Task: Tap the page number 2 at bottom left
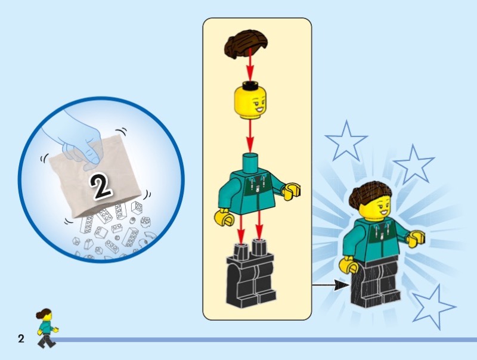(x=21, y=339)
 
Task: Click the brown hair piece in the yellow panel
(x=246, y=44)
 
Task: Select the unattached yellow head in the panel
(x=250, y=100)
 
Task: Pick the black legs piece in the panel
(x=251, y=273)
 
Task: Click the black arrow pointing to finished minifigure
(x=331, y=285)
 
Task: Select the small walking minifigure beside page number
(x=47, y=328)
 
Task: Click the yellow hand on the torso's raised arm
(x=292, y=191)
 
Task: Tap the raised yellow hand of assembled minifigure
(x=416, y=238)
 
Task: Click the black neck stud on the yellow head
(x=250, y=85)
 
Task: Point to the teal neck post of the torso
(x=250, y=163)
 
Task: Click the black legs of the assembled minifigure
(x=375, y=283)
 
